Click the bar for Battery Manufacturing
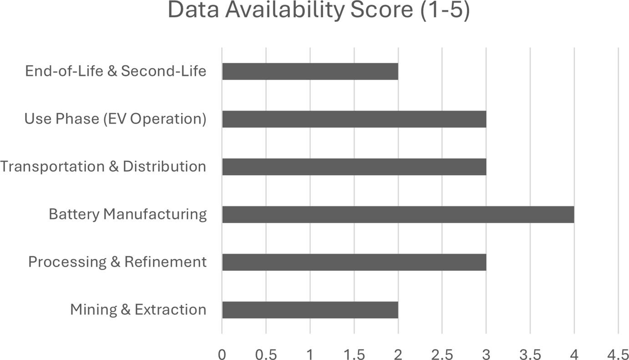tap(398, 214)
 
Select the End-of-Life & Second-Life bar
tap(310, 71)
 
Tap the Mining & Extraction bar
tap(310, 310)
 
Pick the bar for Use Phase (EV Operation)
tap(354, 119)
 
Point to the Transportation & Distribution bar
tap(354, 167)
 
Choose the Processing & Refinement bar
tap(354, 262)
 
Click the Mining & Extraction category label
tap(138, 309)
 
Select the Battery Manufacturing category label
tap(127, 214)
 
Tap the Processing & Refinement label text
tap(117, 262)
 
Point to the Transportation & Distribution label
tap(103, 167)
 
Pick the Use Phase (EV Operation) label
tap(115, 119)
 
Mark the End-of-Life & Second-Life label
tap(116, 71)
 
